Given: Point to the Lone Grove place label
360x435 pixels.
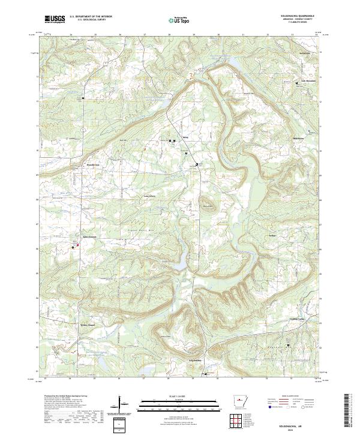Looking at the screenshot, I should tap(148, 196).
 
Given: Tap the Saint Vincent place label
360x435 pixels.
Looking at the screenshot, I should tap(89, 236).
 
